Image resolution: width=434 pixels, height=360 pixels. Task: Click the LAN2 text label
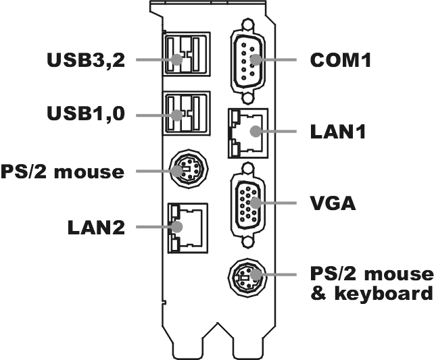click(96, 227)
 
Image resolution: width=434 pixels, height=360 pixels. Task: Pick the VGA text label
click(333, 202)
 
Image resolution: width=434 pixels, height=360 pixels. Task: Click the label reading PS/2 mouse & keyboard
click(370, 284)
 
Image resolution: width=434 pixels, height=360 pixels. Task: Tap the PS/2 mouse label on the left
click(63, 171)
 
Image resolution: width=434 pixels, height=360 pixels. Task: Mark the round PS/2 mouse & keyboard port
click(249, 276)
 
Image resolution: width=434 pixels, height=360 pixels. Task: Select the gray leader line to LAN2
click(152, 227)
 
